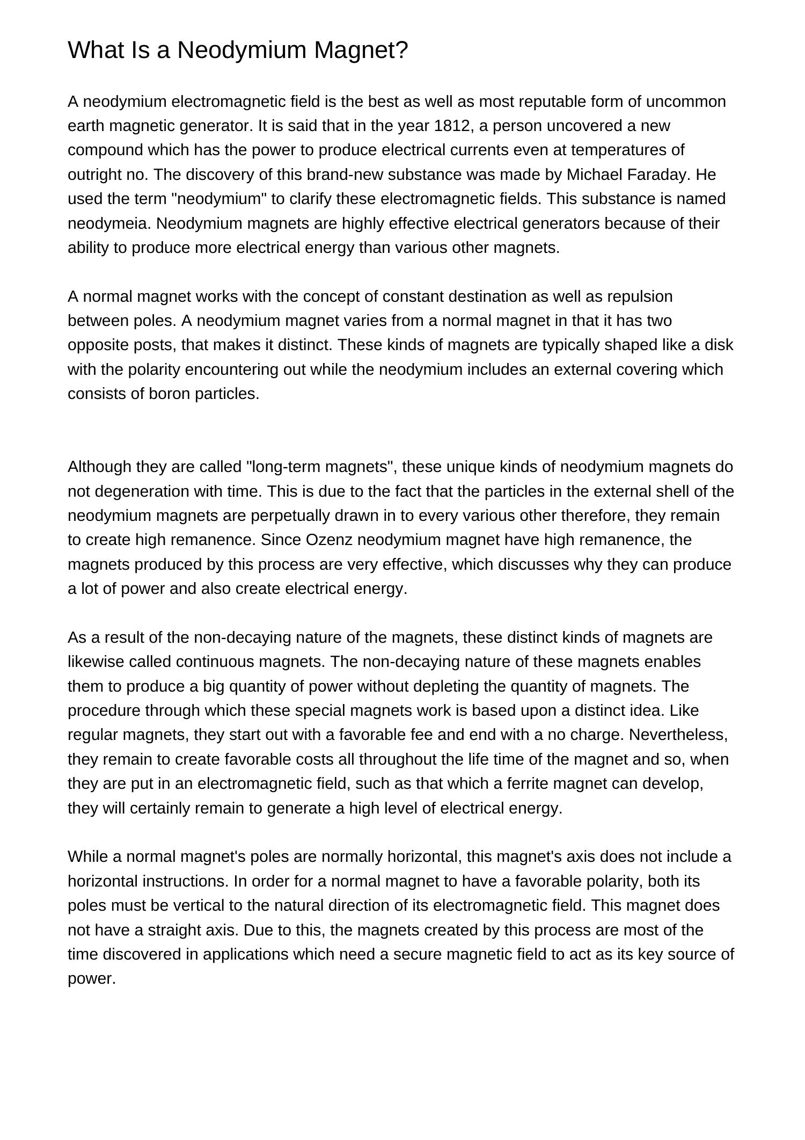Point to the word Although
click(99, 467)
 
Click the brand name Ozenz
click(329, 540)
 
